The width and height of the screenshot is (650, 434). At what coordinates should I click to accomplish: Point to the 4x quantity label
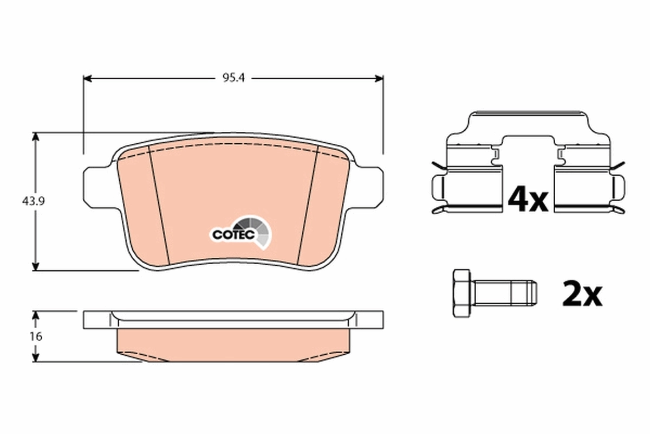coord(528,200)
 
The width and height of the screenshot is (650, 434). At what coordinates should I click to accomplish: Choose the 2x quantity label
coord(582,294)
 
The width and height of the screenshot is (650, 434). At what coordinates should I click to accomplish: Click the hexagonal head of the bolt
coord(461,293)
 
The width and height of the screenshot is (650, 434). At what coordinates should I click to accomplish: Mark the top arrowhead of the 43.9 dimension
coord(36,137)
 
